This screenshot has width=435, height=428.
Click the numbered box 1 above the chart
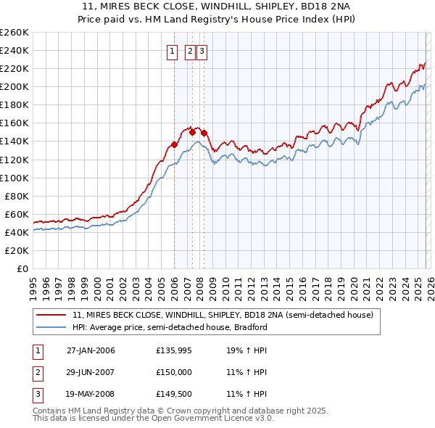point(173,52)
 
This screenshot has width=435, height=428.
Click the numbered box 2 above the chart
point(190,52)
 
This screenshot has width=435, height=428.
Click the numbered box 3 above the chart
point(202,52)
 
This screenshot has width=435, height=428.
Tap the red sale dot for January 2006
point(175,144)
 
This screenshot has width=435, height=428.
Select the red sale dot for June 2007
point(192,132)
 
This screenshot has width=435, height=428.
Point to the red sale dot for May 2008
point(204,133)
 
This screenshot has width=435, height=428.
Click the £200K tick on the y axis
point(14,86)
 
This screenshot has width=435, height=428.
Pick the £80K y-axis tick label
point(16,196)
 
